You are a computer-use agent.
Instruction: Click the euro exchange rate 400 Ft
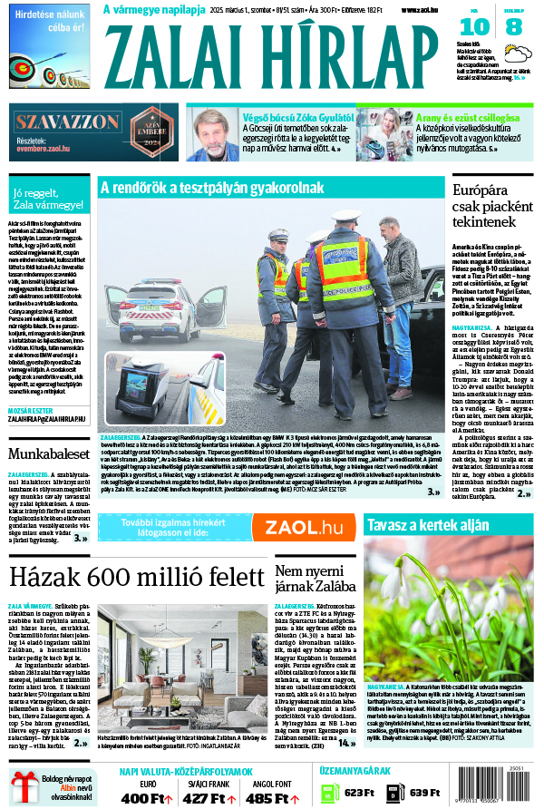click(148, 798)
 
